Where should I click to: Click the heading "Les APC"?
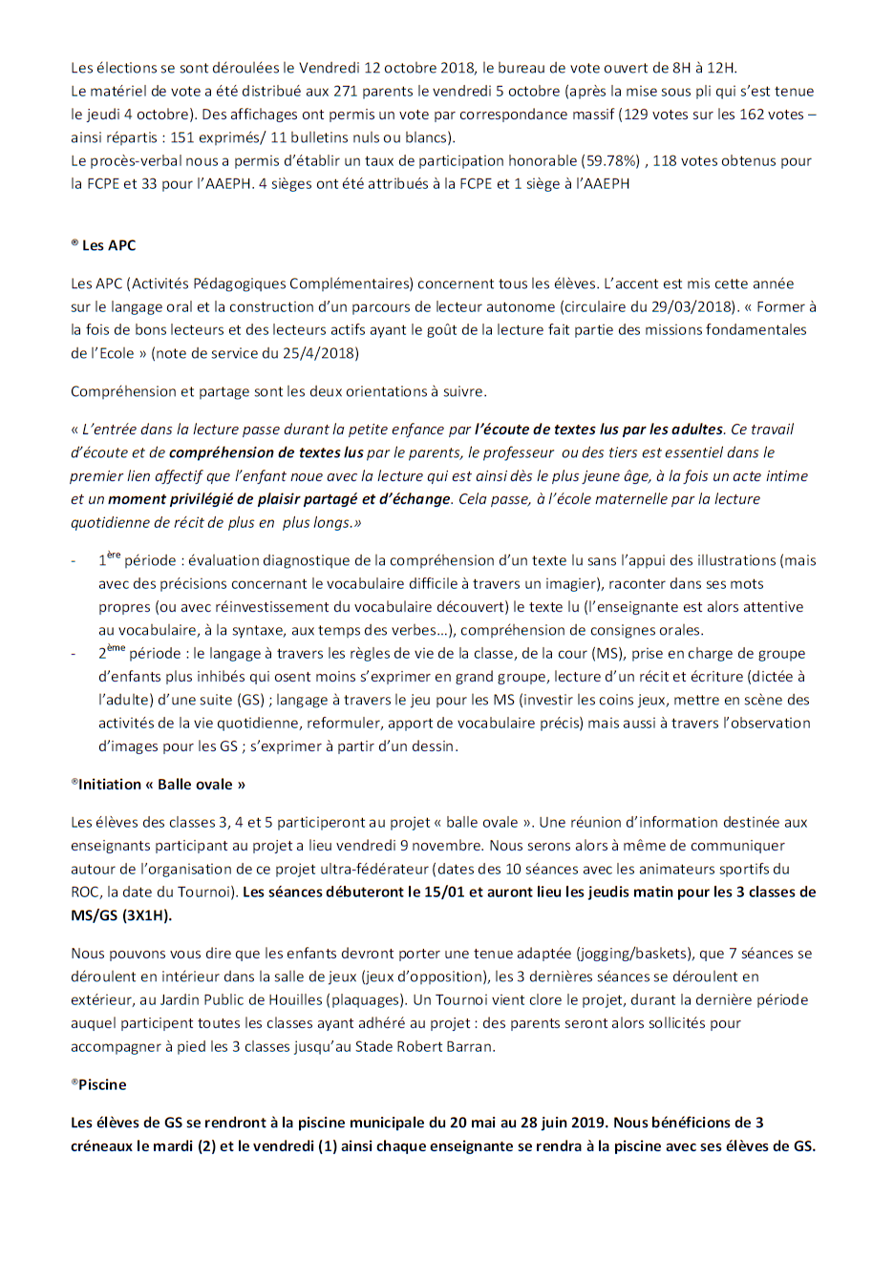point(108,245)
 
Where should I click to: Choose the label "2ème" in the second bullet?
point(111,653)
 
